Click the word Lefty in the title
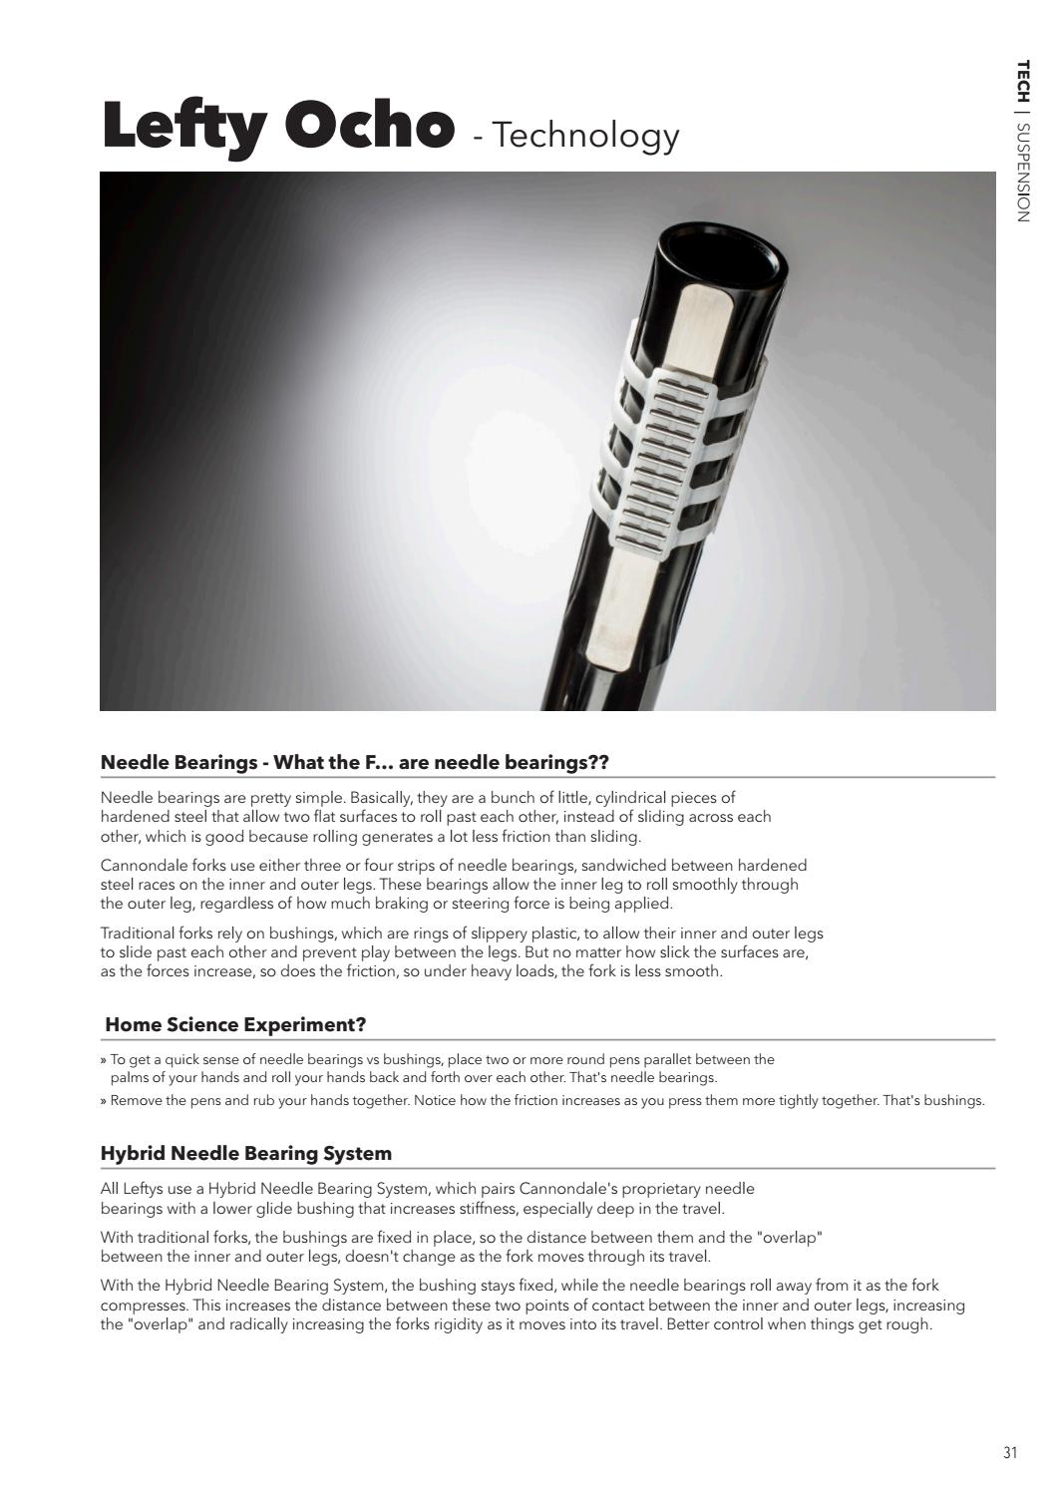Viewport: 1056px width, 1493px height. click(x=186, y=128)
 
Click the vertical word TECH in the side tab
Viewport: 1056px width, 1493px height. click(x=1022, y=81)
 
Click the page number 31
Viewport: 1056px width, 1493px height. click(x=1010, y=1452)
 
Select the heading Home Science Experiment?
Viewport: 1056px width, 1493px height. click(x=235, y=1024)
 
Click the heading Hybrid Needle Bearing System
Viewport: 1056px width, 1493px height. click(x=246, y=1153)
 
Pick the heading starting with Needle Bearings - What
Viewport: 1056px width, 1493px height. click(x=354, y=762)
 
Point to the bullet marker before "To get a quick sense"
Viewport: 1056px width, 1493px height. click(x=104, y=1060)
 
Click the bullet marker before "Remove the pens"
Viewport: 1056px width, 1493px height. click(x=104, y=1101)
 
